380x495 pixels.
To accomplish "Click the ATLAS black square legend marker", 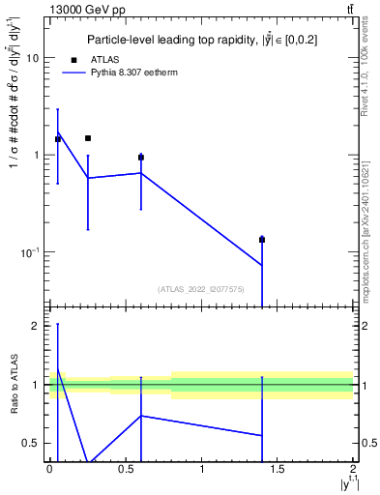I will [73, 60].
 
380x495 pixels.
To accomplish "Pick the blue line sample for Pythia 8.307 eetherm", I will [73, 73].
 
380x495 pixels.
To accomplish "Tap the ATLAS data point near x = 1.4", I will [262, 240].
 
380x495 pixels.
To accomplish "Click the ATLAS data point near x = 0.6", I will [141, 157].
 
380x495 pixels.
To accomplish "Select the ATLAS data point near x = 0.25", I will [88, 138].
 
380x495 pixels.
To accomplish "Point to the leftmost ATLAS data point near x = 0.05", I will [58, 139].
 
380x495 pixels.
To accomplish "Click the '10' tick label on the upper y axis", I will [32, 58].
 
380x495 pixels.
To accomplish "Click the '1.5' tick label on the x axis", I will [278, 471].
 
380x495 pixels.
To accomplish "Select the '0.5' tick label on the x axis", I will [126, 471].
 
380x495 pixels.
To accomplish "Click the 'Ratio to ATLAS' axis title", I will [13, 386].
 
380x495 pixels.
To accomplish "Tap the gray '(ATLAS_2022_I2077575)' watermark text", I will [200, 289].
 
